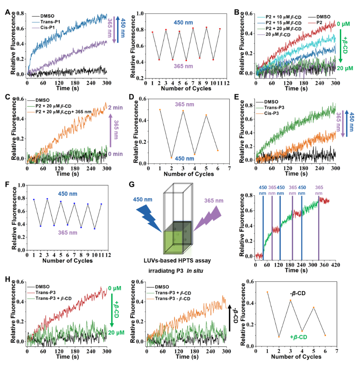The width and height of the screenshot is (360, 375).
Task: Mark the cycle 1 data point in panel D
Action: click(160, 110)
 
